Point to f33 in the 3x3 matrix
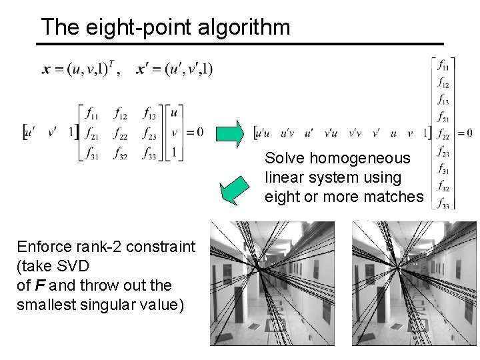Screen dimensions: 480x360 (x=150, y=153)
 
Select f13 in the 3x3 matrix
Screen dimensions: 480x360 (x=150, y=113)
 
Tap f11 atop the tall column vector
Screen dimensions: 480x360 (x=443, y=65)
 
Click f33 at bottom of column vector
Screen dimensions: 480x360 (x=443, y=204)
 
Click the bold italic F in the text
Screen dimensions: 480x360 (x=37, y=285)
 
